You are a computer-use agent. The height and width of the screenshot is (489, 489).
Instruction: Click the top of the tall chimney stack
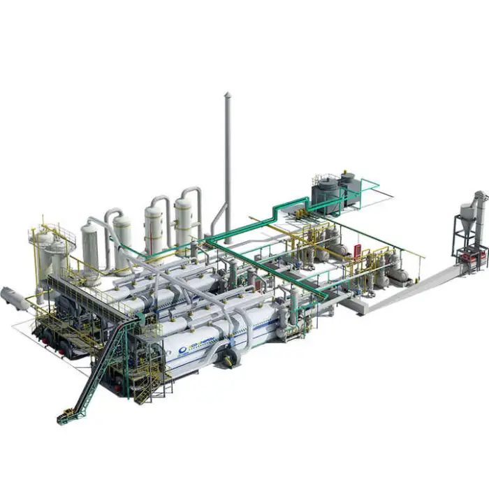(x=227, y=96)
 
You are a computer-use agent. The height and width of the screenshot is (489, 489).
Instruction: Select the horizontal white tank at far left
(x=14, y=298)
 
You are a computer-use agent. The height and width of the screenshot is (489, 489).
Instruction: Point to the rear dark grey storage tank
(x=347, y=183)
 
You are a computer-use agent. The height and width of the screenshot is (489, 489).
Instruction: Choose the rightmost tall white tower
(x=183, y=222)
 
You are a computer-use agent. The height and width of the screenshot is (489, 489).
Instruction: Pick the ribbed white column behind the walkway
(x=90, y=245)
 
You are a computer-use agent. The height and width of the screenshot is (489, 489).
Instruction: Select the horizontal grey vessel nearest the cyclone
(x=399, y=275)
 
